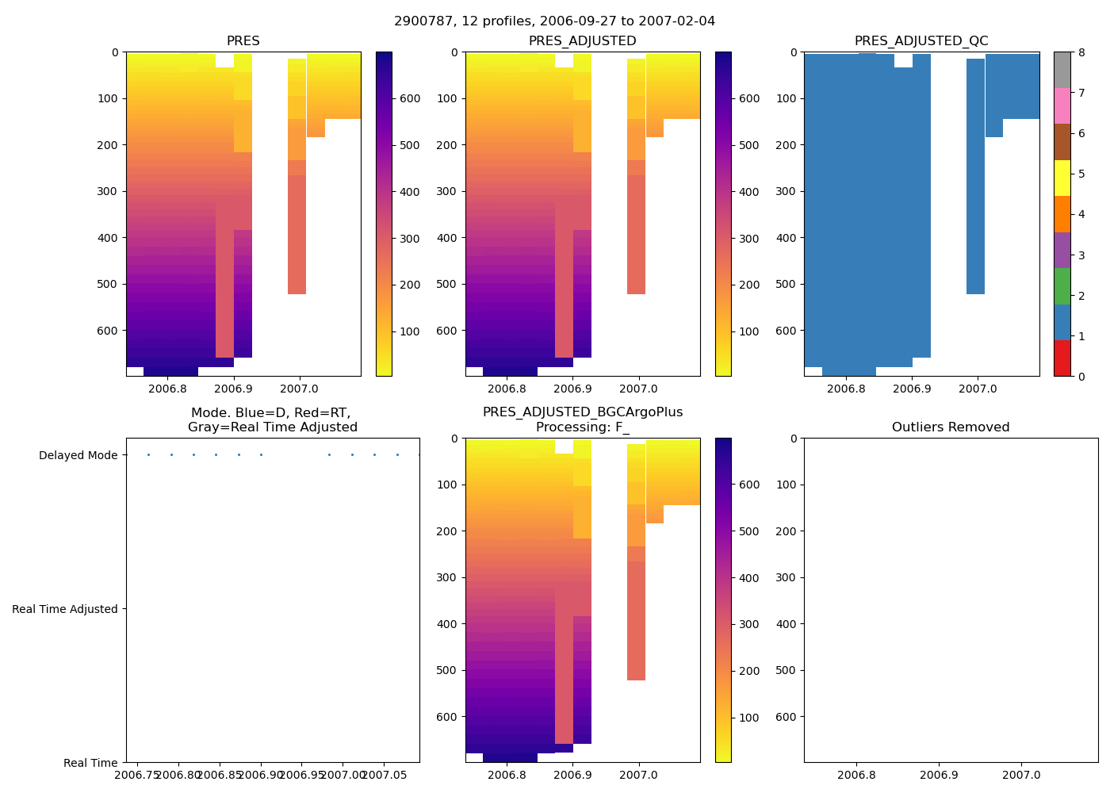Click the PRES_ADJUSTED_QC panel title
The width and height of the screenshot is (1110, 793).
tap(921, 41)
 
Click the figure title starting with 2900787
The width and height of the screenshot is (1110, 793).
tap(554, 21)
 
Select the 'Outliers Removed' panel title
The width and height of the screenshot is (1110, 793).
tap(950, 427)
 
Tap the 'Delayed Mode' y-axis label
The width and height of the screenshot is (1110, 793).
tap(78, 455)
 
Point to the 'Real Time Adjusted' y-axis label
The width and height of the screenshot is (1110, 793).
tap(64, 609)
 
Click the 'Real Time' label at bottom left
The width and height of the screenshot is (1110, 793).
tap(90, 763)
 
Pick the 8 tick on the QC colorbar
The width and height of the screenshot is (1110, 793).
tap(1081, 52)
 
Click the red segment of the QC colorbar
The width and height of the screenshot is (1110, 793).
tap(1062, 358)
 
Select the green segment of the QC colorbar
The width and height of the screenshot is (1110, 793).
tap(1062, 286)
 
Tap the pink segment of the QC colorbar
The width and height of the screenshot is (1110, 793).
tap(1062, 105)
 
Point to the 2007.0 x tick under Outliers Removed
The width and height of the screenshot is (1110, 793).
tap(1021, 775)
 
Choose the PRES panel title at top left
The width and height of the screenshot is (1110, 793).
tap(243, 41)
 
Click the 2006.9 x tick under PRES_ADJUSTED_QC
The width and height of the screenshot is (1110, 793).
tap(913, 389)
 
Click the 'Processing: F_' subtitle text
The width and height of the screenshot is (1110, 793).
tap(582, 427)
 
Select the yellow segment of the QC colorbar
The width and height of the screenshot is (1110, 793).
tap(1062, 178)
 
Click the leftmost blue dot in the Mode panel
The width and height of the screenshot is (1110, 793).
tap(148, 454)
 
